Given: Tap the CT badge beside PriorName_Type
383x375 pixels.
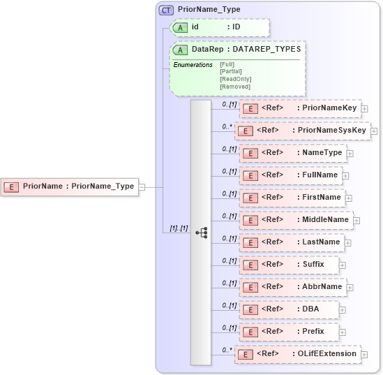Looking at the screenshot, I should pyautogui.click(x=166, y=10).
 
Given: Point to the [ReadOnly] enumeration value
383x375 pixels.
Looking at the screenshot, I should pyautogui.click(x=235, y=79).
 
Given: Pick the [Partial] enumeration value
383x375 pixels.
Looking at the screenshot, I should pyautogui.click(x=231, y=71).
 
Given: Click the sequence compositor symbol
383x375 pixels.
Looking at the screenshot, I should pyautogui.click(x=201, y=233).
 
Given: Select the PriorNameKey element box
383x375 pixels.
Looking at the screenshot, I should pyautogui.click(x=300, y=108).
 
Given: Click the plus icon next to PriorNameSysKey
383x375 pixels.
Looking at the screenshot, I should pyautogui.click(x=374, y=131).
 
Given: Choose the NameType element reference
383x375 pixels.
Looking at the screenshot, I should pyautogui.click(x=292, y=153).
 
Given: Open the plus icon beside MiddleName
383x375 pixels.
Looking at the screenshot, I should pyautogui.click(x=356, y=220).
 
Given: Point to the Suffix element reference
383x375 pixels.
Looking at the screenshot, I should pyautogui.click(x=290, y=265).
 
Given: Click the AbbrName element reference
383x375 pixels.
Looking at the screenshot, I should pyautogui.click(x=292, y=287).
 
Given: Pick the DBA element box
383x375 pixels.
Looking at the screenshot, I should pyautogui.click(x=289, y=309).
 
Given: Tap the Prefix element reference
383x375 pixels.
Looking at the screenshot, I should pyautogui.click(x=289, y=332).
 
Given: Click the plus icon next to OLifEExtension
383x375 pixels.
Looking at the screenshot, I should pyautogui.click(x=366, y=355).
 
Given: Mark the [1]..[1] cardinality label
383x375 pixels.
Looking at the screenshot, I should pyautogui.click(x=179, y=228).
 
